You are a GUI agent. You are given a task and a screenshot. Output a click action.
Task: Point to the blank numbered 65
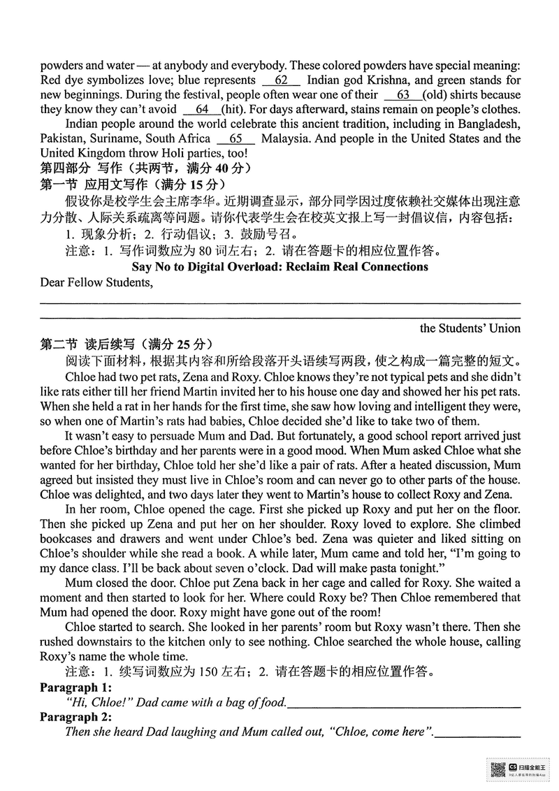[x=235, y=139]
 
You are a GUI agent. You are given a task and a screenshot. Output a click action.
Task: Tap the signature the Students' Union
[x=470, y=328]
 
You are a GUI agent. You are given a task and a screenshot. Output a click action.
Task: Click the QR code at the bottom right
[x=498, y=770]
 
